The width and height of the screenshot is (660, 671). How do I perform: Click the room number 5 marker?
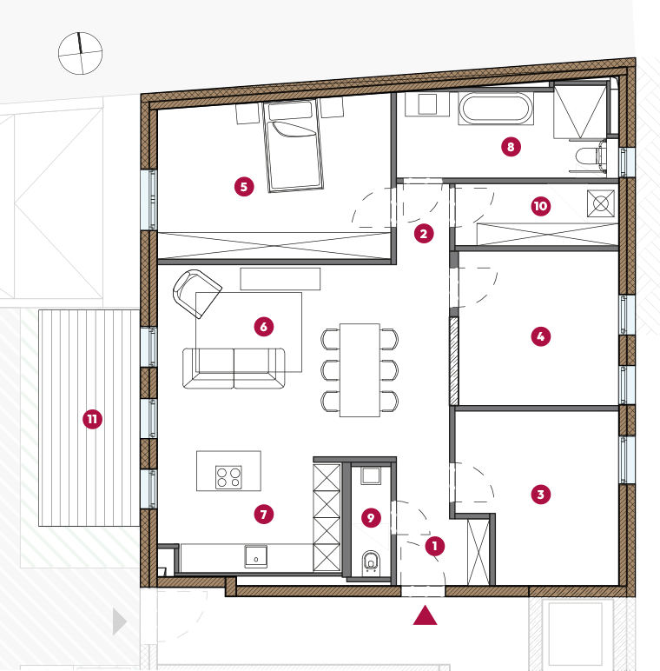(x=244, y=187)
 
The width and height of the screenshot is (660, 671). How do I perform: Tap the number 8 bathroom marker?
(x=511, y=147)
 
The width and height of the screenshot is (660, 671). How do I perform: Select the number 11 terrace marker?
(x=92, y=419)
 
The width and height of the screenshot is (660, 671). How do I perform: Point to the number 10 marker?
(x=541, y=206)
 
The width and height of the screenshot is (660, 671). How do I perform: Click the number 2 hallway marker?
(x=424, y=234)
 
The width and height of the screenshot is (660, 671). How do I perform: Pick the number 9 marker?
(x=371, y=518)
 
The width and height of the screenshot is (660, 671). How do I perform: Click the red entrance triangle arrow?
(x=425, y=615)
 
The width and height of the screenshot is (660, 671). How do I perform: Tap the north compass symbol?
(x=80, y=54)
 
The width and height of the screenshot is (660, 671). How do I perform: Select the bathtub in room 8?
(x=496, y=108)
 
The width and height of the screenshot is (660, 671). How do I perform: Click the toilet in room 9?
(x=371, y=562)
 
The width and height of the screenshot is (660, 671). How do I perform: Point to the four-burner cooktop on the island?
(x=228, y=477)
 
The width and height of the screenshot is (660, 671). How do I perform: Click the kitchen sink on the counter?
(x=256, y=556)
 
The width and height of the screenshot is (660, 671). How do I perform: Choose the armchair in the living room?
(x=196, y=293)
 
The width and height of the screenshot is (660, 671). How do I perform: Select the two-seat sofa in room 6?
(x=234, y=368)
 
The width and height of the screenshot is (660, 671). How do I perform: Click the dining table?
(x=360, y=370)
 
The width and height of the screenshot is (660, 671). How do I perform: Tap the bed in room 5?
(x=293, y=146)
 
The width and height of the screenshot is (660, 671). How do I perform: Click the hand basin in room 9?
(x=371, y=475)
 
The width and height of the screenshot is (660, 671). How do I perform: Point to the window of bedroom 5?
(x=148, y=200)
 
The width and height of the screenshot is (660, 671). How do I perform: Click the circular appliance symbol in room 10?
(x=601, y=203)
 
